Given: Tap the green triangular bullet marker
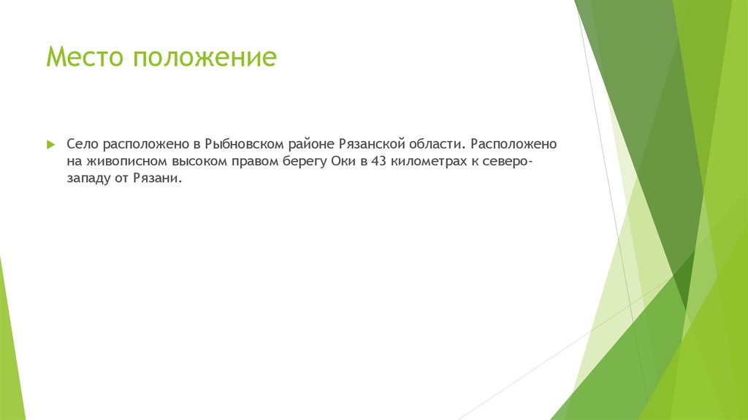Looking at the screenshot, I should pos(50,145).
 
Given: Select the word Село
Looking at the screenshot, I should pos(83,145).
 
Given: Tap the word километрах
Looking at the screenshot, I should pos(432,162).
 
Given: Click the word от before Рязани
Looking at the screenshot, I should pos(123,180).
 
